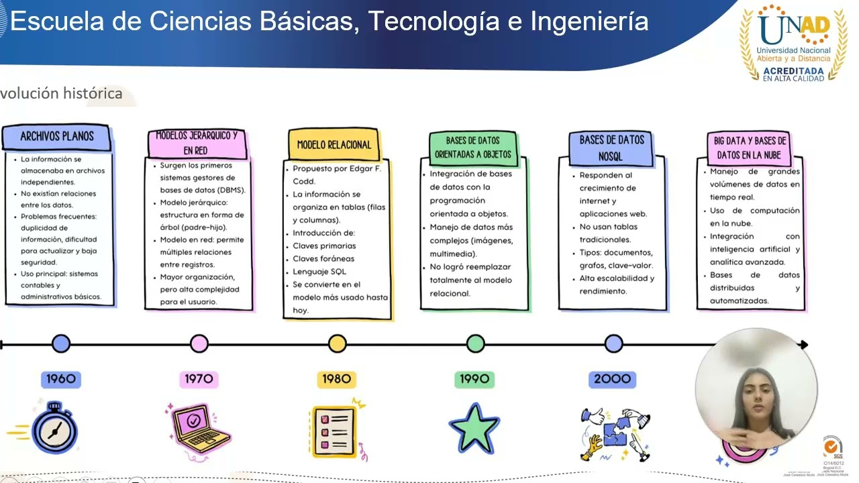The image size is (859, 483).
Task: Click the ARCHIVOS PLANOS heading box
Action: [x=56, y=136]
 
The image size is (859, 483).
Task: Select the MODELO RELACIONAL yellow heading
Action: [x=334, y=144]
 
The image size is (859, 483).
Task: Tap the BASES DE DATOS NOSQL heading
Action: [x=611, y=148]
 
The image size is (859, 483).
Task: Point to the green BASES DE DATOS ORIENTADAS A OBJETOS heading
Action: [x=473, y=148]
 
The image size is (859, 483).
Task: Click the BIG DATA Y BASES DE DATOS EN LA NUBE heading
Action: [x=750, y=148]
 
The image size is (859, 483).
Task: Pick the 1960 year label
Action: [x=61, y=379]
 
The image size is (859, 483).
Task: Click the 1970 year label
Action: [x=199, y=379]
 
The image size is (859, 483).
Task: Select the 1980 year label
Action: [x=337, y=379]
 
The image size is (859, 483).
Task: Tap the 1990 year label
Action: [x=474, y=379]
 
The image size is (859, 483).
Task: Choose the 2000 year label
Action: [x=612, y=379]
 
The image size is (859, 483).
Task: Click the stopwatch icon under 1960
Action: [x=54, y=428]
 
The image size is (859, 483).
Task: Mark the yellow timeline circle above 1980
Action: [x=338, y=344]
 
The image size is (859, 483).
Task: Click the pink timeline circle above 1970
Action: [x=199, y=344]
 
